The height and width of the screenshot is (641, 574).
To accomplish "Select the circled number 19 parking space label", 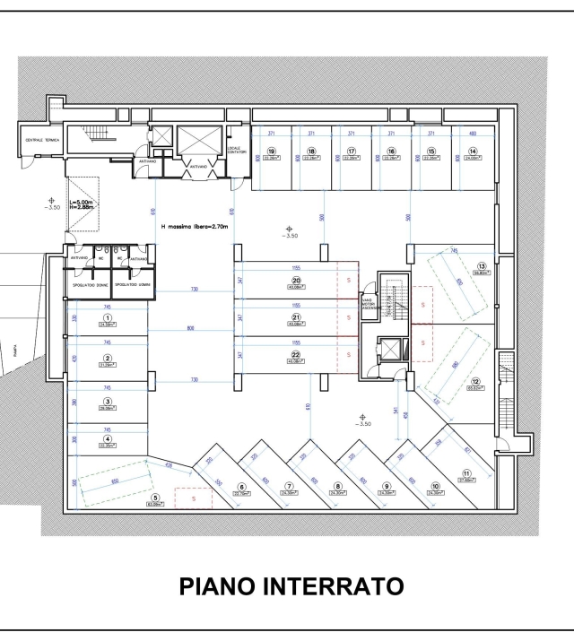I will pos(270,151).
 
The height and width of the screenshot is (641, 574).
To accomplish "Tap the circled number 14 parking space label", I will pos(472,151).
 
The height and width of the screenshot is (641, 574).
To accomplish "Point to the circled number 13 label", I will pos(482,266).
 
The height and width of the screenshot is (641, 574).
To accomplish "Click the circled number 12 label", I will pos(476,380).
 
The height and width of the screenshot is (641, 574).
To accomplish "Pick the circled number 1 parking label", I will pos(108,317).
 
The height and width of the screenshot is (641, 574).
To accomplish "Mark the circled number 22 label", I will pos(295,356).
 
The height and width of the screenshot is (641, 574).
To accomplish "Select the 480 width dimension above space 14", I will pos(472,133).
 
